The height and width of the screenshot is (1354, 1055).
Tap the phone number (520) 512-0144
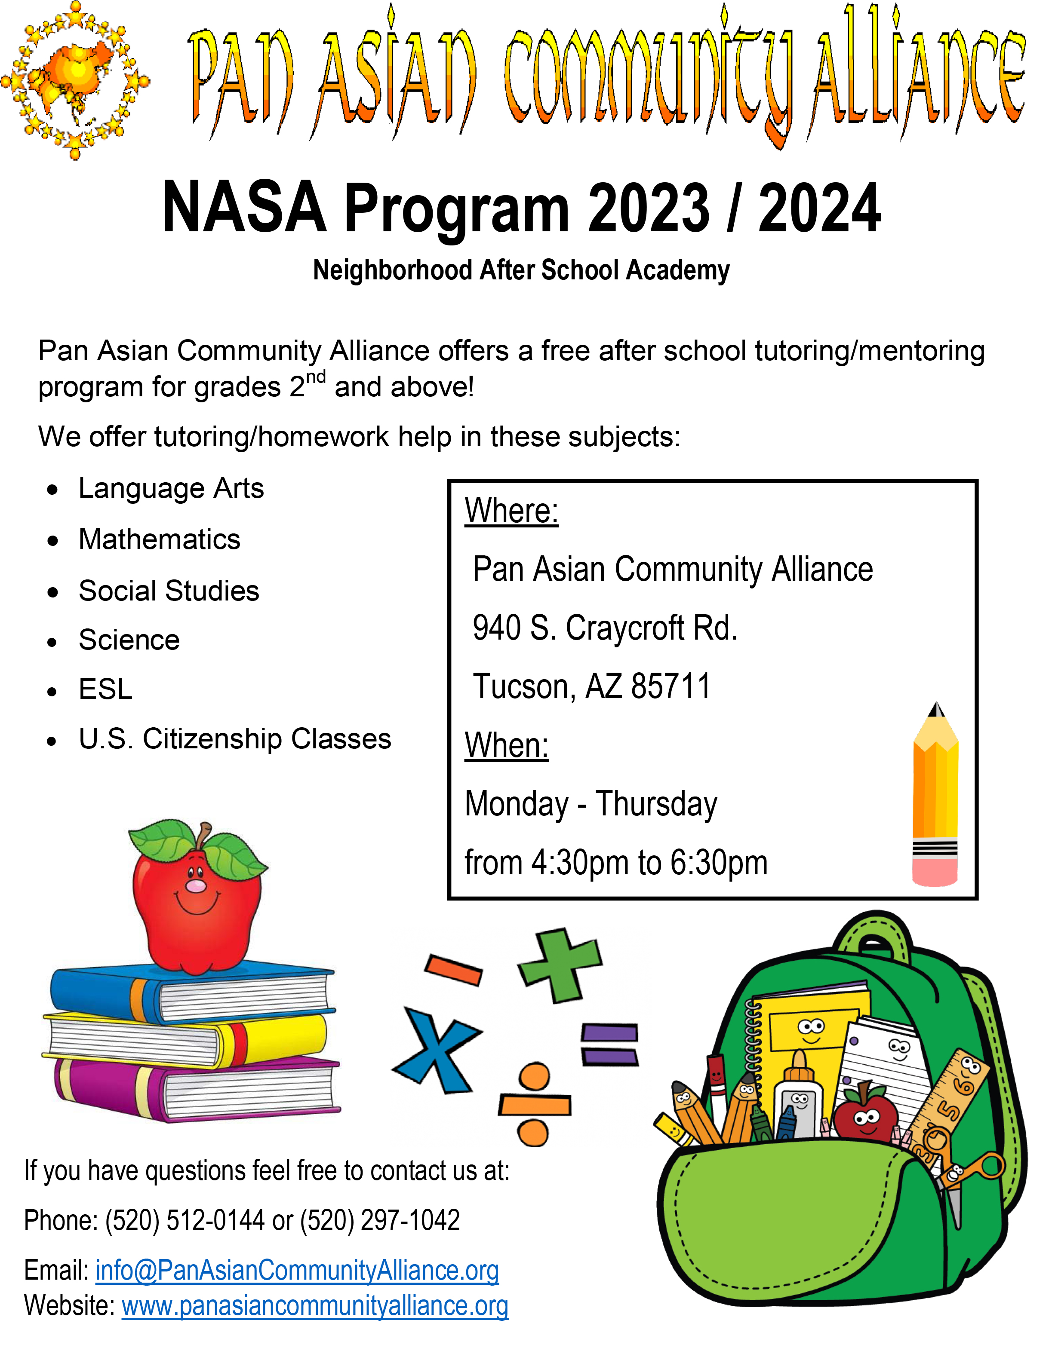(184, 1220)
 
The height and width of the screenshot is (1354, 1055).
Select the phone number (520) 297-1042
(380, 1220)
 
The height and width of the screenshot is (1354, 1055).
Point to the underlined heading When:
(507, 745)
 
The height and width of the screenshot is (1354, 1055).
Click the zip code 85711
(671, 686)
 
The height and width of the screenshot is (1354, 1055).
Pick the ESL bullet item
(105, 689)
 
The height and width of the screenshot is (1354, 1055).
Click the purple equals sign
(609, 1045)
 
